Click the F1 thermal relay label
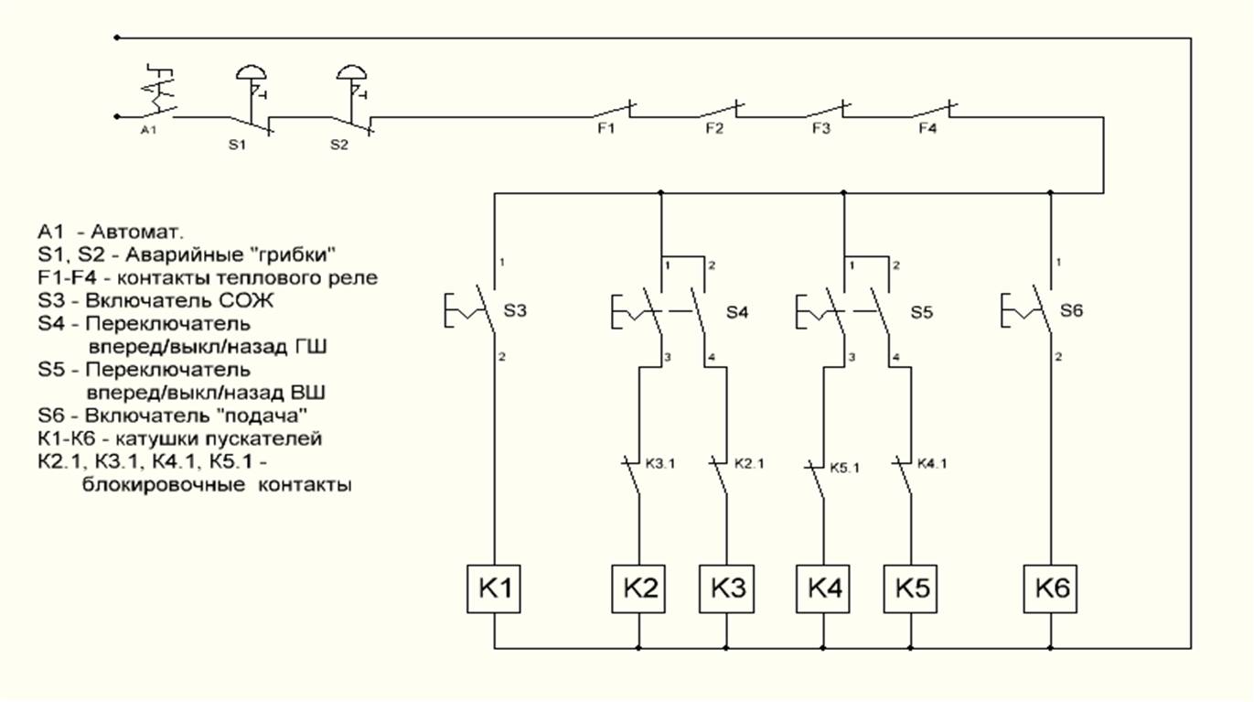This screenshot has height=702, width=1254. click(x=606, y=129)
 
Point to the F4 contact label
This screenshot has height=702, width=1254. click(x=927, y=129)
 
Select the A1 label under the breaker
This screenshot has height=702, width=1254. click(x=149, y=131)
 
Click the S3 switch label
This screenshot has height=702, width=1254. click(x=516, y=311)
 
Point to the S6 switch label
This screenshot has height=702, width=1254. click(x=1072, y=311)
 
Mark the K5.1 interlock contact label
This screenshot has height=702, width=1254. click(x=845, y=467)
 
